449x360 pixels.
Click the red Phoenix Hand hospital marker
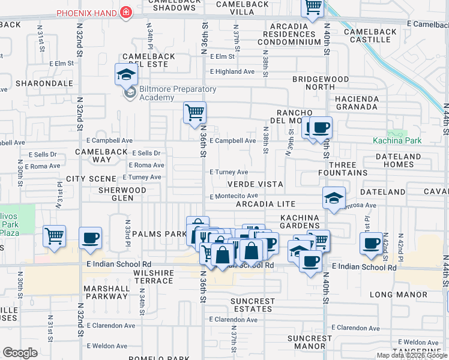point(125,13)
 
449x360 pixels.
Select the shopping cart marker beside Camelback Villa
point(312,8)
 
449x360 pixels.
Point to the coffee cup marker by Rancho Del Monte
point(321,127)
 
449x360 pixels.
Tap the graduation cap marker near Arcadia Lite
point(334,198)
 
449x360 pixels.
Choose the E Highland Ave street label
point(232,71)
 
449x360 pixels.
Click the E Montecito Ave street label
point(234,196)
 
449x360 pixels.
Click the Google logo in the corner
point(20,353)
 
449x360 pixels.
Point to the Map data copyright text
point(412,355)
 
